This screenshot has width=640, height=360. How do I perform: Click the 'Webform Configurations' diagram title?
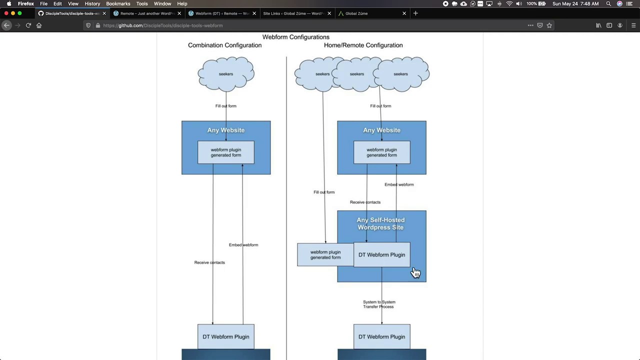pyautogui.click(x=295, y=37)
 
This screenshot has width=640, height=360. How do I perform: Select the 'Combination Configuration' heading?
pyautogui.click(x=224, y=45)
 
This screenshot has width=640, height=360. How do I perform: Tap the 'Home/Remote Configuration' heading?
pyautogui.click(x=363, y=45)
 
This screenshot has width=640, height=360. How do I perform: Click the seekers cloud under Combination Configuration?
pyautogui.click(x=226, y=74)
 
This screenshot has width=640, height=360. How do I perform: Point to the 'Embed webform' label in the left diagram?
pyautogui.click(x=243, y=245)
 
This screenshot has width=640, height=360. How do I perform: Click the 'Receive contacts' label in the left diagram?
pyautogui.click(x=209, y=262)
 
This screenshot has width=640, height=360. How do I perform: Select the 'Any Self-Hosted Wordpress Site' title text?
pyautogui.click(x=380, y=223)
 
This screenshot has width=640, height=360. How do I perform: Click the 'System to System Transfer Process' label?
pyautogui.click(x=379, y=304)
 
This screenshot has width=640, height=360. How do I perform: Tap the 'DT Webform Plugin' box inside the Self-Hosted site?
pyautogui.click(x=381, y=255)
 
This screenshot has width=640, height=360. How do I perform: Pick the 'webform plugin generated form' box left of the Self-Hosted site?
pyautogui.click(x=325, y=255)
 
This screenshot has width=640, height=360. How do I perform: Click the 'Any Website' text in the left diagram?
pyautogui.click(x=226, y=130)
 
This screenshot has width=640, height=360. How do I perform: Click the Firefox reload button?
pyautogui.click(x=28, y=25)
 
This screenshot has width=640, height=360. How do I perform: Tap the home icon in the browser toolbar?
pyautogui.click(x=39, y=25)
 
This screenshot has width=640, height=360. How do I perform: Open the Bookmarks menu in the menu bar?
pyautogui.click(x=118, y=3)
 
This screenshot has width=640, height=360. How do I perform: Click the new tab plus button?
pyautogui.click(x=415, y=13)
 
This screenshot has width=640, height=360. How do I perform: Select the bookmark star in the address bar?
pyautogui.click(x=549, y=25)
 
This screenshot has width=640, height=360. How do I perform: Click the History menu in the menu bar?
pyautogui.click(x=92, y=3)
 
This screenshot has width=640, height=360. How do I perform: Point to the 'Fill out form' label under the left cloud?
pyautogui.click(x=225, y=106)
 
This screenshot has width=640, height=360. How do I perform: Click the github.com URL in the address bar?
pyautogui.click(x=163, y=25)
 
